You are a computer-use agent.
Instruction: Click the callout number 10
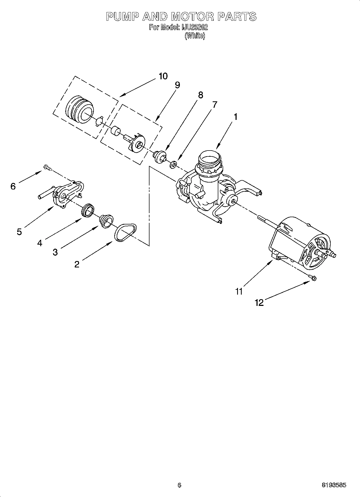[163, 76]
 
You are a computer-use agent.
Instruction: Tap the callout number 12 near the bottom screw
[259, 303]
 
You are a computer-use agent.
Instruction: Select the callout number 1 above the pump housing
[236, 117]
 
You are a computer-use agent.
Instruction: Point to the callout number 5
[19, 231]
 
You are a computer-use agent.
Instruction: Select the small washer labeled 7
[173, 164]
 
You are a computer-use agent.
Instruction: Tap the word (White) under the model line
[195, 36]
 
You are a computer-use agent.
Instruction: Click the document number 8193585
[334, 485]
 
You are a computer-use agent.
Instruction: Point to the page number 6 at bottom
[179, 485]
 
